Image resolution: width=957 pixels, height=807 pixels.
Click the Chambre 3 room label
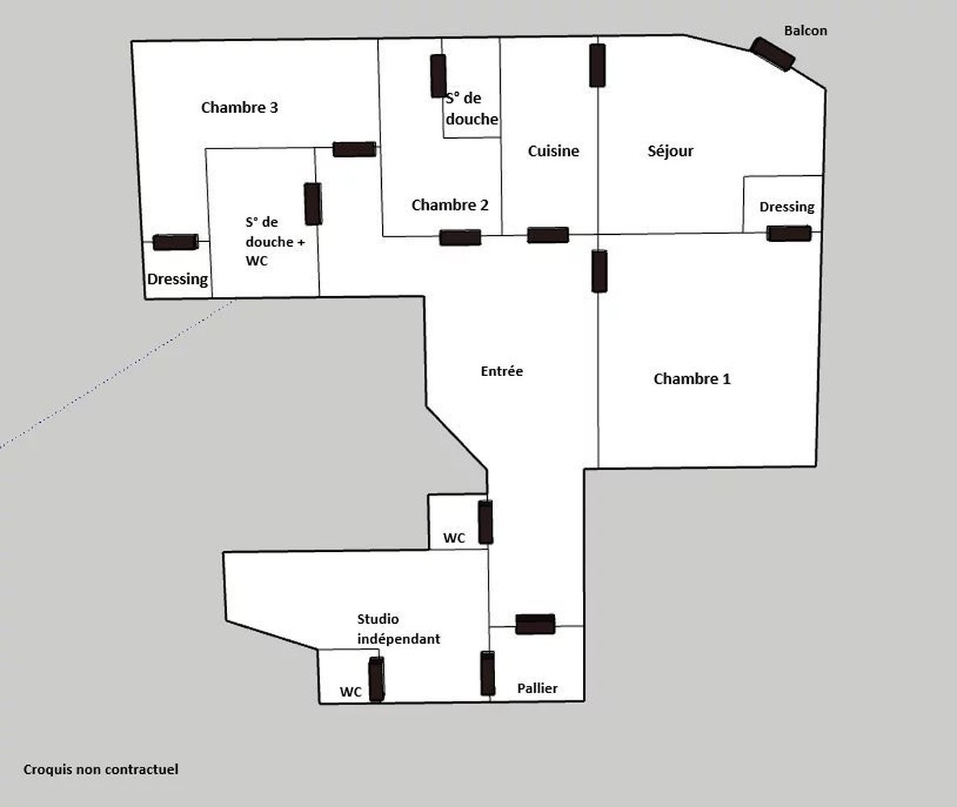(239, 107)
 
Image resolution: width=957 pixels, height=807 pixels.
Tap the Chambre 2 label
(450, 205)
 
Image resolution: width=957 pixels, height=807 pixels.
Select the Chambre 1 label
(691, 378)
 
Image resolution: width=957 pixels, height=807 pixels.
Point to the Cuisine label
(553, 151)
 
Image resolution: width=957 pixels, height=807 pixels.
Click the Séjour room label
(670, 151)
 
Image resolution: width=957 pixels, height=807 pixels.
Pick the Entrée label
(502, 371)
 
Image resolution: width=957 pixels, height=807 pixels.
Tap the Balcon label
(805, 31)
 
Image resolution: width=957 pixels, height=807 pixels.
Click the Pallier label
(537, 688)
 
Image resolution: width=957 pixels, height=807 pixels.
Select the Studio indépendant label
(398, 629)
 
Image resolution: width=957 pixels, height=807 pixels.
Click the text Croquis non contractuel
(101, 769)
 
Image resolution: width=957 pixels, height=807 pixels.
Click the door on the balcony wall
(772, 54)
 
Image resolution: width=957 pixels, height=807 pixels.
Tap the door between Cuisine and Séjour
(598, 65)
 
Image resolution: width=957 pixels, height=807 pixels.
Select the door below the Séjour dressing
(788, 233)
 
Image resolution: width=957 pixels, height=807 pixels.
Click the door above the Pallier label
(535, 624)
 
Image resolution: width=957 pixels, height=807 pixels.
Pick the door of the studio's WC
(376, 679)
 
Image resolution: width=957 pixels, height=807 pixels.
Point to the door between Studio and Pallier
(488, 673)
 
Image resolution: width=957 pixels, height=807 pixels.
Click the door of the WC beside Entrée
(485, 522)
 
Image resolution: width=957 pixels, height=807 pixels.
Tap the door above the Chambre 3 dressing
(175, 242)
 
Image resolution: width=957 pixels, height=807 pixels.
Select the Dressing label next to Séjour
(787, 207)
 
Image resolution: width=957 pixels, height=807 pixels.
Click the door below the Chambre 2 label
(460, 237)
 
